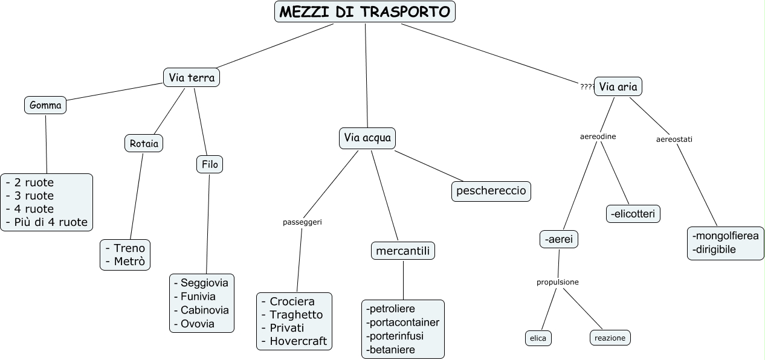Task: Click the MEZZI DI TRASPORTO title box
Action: point(365,11)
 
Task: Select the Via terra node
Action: point(192,77)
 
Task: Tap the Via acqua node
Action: point(367,138)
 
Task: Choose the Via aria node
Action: point(618,87)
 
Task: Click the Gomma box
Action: point(45,106)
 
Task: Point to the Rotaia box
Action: point(144,143)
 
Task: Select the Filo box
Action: point(210,164)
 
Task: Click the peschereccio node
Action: point(492,191)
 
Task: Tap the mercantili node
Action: point(402,251)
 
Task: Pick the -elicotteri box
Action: point(633,214)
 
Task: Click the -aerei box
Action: point(559,240)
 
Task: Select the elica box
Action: point(538,338)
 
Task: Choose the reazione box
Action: point(610,338)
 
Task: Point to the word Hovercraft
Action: point(298,341)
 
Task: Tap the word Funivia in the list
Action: point(198,297)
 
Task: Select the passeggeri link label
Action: point(302,222)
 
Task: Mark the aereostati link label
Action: point(674,140)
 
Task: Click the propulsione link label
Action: point(558,282)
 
